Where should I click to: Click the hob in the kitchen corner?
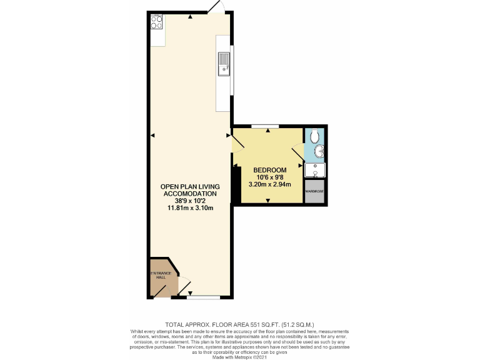click(x=157, y=22)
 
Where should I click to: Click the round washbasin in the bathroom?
click(x=319, y=151)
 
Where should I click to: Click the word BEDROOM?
click(x=270, y=170)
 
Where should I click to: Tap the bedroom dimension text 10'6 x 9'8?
click(x=270, y=177)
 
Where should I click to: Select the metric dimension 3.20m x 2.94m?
click(x=270, y=184)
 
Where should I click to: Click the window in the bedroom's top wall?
click(x=265, y=126)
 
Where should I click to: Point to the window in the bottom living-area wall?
click(x=203, y=296)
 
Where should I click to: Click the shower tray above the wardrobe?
click(x=315, y=170)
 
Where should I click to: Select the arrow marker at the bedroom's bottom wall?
click(x=268, y=200)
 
